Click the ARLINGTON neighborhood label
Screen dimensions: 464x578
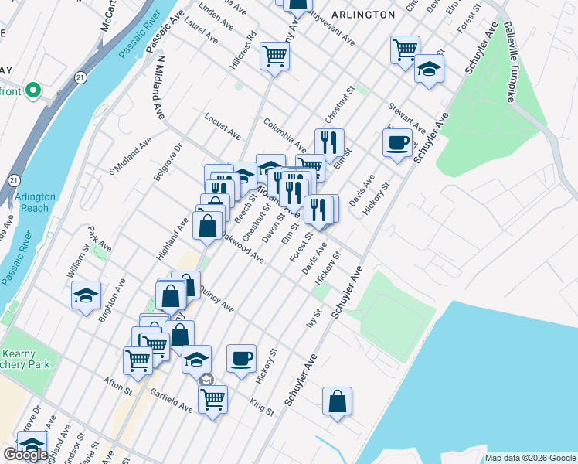pos(362,15)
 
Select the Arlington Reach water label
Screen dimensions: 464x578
pos(35,203)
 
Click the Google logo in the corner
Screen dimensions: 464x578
pos(25,455)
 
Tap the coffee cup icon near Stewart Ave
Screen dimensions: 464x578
pos(398,143)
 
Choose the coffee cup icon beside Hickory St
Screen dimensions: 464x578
pos(242,358)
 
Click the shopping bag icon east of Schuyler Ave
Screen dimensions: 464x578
pos(337,401)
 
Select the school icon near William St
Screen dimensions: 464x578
pos(87,295)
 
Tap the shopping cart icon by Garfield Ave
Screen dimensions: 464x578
pos(212,399)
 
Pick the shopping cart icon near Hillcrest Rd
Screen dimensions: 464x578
pos(274,56)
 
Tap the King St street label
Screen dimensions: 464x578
pos(263,406)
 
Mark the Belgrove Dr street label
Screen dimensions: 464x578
pos(167,162)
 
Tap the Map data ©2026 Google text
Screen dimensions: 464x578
pos(530,458)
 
